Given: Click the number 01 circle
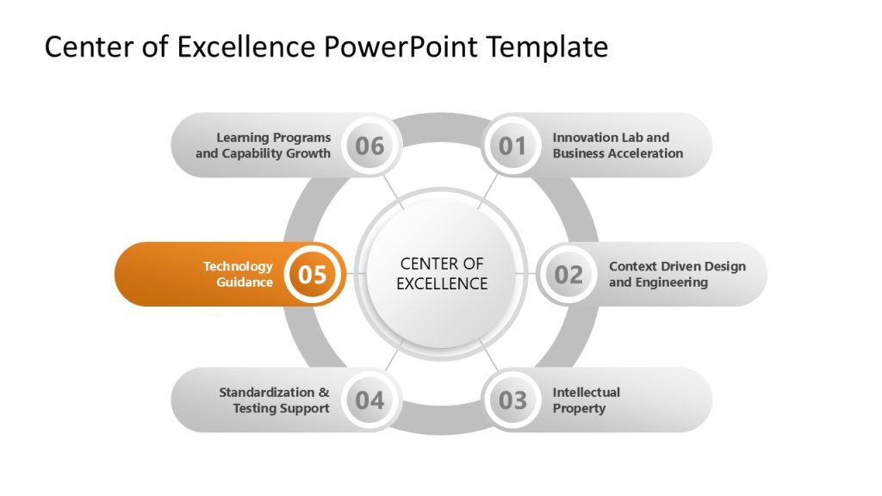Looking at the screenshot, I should point(512,146).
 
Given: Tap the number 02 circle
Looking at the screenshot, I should point(568,275).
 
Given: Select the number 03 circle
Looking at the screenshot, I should point(512,400).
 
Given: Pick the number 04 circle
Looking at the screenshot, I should point(370,400).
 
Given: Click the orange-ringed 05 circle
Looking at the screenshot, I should point(313,275).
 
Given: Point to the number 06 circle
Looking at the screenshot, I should point(370,146).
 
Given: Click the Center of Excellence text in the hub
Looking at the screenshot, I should point(442,274).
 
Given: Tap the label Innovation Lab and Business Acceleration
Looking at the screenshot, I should point(618,146).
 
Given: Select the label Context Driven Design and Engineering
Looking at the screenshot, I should point(677,274).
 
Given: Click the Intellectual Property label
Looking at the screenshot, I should point(586,400).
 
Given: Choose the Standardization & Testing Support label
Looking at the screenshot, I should point(274,400).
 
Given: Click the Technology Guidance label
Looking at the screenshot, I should point(238,274).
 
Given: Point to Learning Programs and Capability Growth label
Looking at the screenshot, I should point(263,146).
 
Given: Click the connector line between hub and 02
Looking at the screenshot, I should point(526,274).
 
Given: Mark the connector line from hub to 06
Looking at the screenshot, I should point(392,192).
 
